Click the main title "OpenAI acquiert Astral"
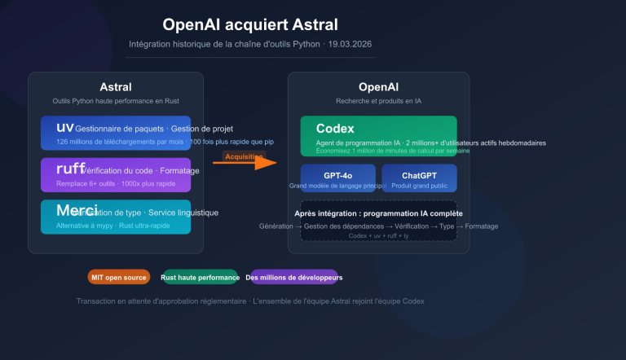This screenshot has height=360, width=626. click(x=249, y=24)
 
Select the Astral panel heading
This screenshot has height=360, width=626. click(x=115, y=87)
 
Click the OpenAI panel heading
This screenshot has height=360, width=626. click(x=378, y=87)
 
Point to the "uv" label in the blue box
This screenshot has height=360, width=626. click(x=65, y=128)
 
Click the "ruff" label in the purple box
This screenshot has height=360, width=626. click(x=70, y=169)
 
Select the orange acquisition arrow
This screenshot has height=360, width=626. click(x=245, y=162)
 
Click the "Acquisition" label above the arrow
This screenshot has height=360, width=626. click(x=245, y=156)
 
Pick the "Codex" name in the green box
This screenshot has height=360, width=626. click(x=335, y=129)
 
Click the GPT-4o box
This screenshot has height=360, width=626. click(x=337, y=178)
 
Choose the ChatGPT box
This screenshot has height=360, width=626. click(x=419, y=178)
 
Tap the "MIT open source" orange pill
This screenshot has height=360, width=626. click(x=119, y=278)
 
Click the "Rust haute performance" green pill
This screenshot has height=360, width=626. click(x=200, y=278)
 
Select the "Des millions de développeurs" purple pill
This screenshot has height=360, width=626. click(x=293, y=278)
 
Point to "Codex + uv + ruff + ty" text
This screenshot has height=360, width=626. click(x=378, y=235)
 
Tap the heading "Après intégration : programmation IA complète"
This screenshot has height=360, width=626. click(x=378, y=213)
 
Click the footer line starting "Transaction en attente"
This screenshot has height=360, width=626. click(x=250, y=301)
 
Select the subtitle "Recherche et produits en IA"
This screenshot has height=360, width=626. click(x=378, y=101)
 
